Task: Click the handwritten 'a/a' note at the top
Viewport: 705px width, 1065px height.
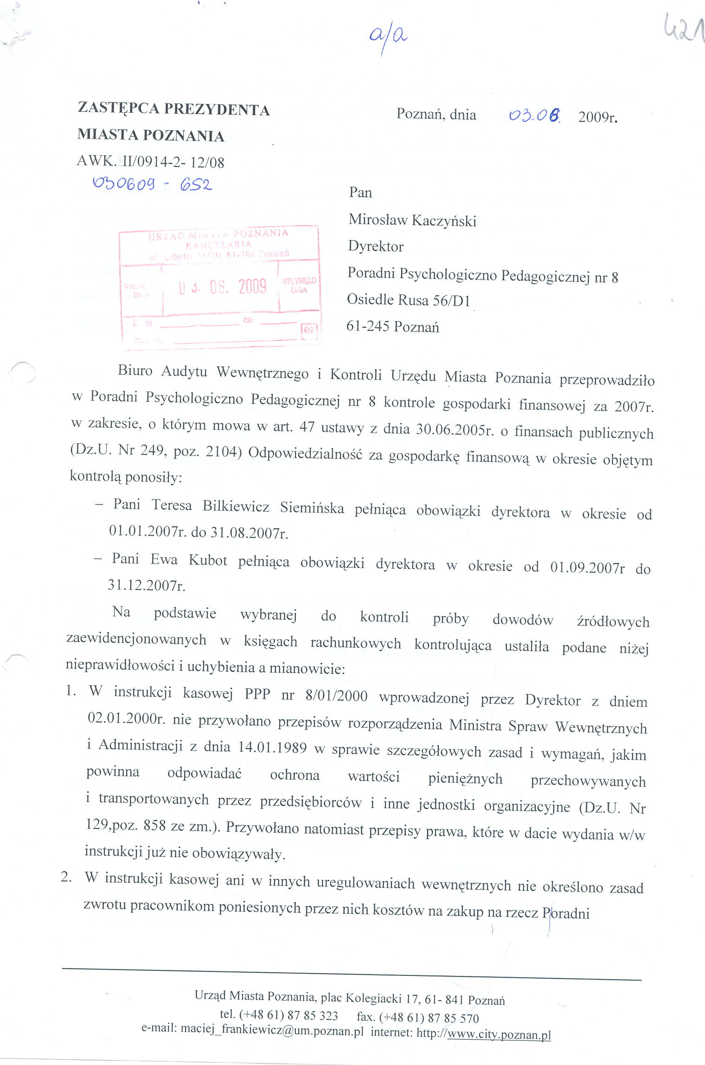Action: coord(389,37)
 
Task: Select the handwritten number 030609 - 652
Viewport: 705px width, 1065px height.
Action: coord(153,185)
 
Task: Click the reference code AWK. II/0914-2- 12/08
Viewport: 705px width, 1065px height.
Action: coord(151,161)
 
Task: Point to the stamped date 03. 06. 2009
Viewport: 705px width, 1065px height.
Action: coord(222,287)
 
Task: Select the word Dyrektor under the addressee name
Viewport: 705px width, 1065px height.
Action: coord(376,246)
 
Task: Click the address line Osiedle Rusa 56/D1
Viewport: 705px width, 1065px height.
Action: coord(409,300)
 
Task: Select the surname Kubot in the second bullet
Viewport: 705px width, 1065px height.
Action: coord(208,560)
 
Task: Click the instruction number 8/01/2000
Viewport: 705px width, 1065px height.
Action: coord(337,696)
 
